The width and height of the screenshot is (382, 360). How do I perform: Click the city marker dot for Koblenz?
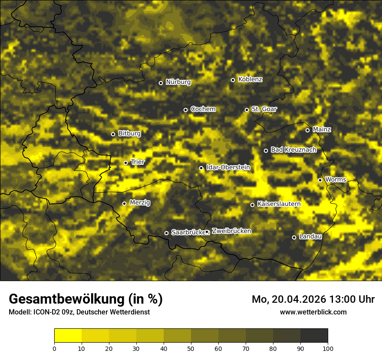tap(233, 80)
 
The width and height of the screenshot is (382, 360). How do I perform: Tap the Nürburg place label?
tap(178, 82)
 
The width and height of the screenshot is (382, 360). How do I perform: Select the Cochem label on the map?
tap(203, 109)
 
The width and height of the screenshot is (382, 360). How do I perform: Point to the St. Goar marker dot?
tap(247, 110)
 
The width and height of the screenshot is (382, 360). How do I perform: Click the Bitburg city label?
tap(129, 134)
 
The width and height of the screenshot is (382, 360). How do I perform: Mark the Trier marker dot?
tap(126, 163)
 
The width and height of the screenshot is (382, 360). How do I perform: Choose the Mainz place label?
tap(322, 130)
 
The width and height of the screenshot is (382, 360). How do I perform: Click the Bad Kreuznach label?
tap(293, 150)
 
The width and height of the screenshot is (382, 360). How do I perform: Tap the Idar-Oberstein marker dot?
tap(201, 168)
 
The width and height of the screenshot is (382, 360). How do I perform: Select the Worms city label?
tap(336, 180)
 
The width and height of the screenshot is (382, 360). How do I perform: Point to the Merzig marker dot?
tap(124, 203)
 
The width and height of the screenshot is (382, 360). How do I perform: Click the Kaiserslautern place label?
tap(279, 204)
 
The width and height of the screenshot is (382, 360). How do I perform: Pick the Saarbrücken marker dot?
tap(166, 233)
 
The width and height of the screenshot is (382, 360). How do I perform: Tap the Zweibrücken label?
tap(231, 231)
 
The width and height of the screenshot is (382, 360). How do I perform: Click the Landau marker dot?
tap(294, 237)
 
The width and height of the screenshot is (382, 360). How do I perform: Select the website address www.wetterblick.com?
tap(313, 312)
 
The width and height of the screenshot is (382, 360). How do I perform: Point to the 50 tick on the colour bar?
tap(191, 348)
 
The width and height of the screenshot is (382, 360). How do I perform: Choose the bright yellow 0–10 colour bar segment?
tap(68, 336)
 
